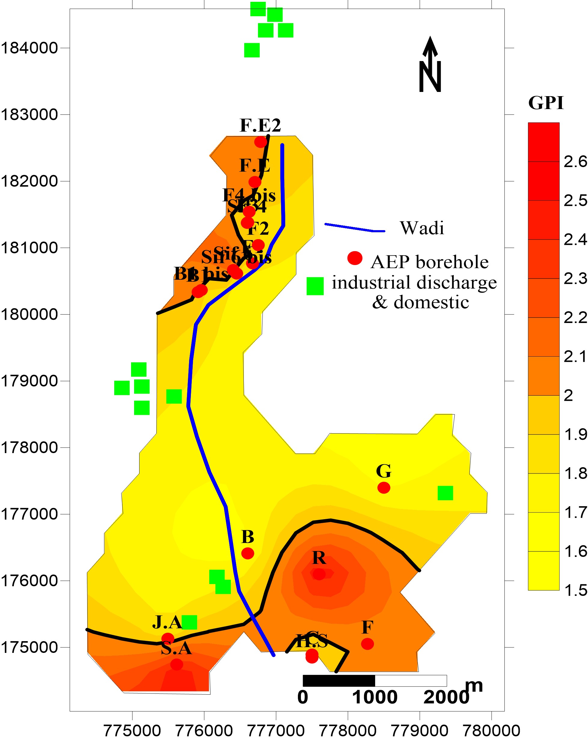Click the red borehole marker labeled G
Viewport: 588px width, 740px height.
pos(384,487)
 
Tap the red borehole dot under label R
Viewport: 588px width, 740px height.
pos(319,574)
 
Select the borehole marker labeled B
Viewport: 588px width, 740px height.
pos(248,553)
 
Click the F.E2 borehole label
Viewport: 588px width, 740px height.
pos(260,125)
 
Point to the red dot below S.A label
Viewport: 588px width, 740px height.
pos(176,665)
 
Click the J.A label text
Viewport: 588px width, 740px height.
pos(167,622)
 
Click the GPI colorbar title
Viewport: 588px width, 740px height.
pos(546,103)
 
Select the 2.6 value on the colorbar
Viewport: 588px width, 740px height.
pos(575,162)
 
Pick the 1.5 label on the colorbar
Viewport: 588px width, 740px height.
pos(575,590)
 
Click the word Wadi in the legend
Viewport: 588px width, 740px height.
pos(422,228)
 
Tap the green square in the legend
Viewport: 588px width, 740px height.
pos(315,286)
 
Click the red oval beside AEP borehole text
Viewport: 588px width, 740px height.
pos(355,258)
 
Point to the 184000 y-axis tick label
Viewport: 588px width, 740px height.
pos(29,48)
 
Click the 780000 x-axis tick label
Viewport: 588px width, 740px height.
pos(491,731)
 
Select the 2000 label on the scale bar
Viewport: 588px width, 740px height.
pos(446,697)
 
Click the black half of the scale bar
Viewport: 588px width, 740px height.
pos(339,680)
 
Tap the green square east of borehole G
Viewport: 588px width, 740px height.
pos(445,493)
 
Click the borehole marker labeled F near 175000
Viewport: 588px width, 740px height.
pos(367,644)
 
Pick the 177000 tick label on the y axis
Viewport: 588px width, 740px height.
pos(29,514)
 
